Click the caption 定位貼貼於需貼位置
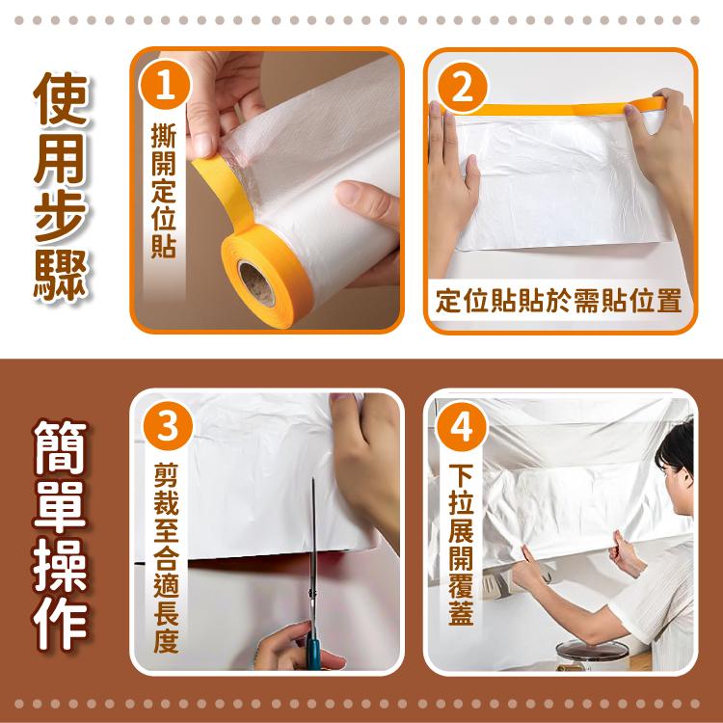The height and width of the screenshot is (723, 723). pyautogui.click(x=559, y=301)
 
